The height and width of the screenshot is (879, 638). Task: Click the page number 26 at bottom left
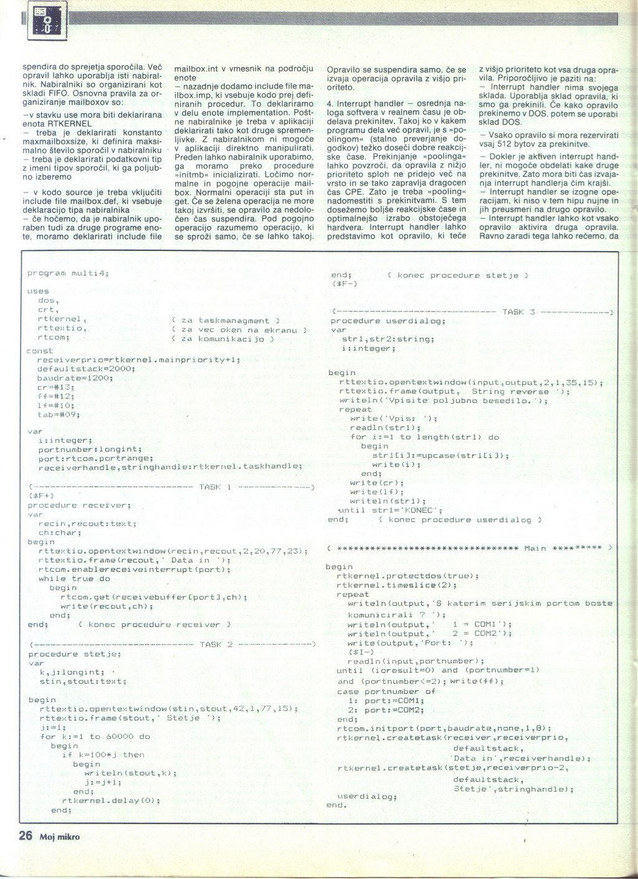click(x=25, y=835)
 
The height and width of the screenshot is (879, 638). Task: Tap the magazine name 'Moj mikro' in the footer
click(x=60, y=837)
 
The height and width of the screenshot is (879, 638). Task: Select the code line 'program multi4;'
click(x=69, y=273)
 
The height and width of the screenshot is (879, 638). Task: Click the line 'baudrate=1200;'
click(x=75, y=378)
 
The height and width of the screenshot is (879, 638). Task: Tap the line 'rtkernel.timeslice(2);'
click(x=396, y=585)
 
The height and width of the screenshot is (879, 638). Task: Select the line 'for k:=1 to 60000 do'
click(x=95, y=736)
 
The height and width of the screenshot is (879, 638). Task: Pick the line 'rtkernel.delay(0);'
click(x=112, y=801)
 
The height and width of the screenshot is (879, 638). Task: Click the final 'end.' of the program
click(x=336, y=805)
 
